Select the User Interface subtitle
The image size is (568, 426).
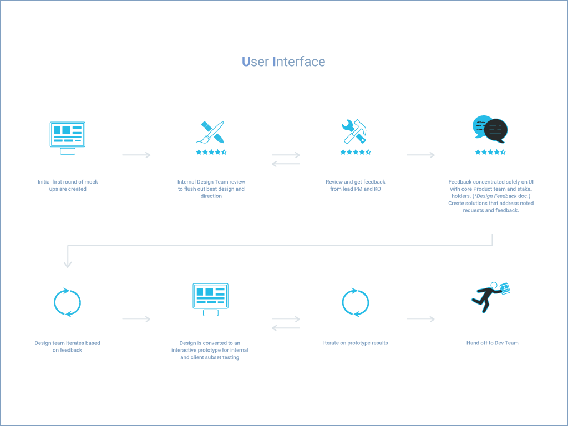point(283,62)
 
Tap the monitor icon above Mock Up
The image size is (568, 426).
point(67,136)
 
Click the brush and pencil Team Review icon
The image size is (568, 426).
point(212,133)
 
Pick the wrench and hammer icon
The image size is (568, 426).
point(356,132)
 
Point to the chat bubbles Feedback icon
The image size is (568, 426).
point(490,129)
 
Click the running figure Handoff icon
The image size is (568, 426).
point(491,297)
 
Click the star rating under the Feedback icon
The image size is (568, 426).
point(490,152)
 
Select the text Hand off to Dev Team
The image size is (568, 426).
point(492,343)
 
